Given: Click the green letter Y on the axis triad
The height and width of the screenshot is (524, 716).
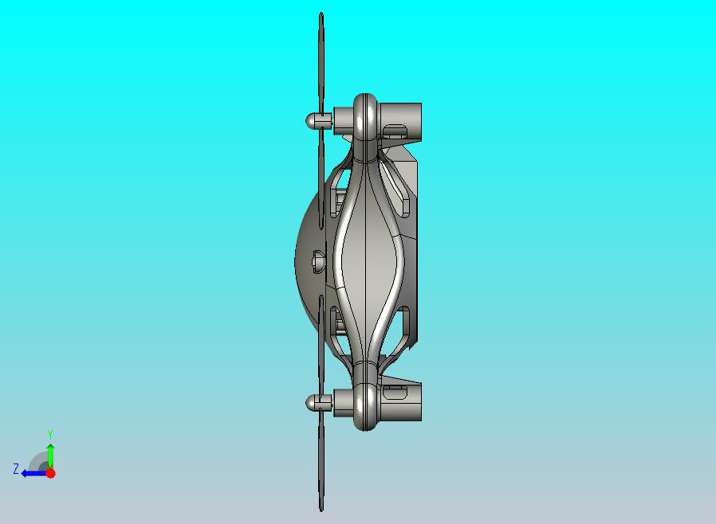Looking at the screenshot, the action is [x=50, y=434].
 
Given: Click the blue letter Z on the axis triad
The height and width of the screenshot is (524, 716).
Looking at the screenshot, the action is [x=16, y=469].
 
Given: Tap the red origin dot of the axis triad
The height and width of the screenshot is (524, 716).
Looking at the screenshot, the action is [x=51, y=473].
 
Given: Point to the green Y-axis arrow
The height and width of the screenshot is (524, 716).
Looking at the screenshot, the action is [x=51, y=456].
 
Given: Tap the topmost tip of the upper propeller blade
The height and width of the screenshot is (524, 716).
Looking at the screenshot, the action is [x=321, y=13].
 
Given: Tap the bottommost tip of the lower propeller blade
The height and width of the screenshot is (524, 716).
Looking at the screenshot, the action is [x=321, y=510].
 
